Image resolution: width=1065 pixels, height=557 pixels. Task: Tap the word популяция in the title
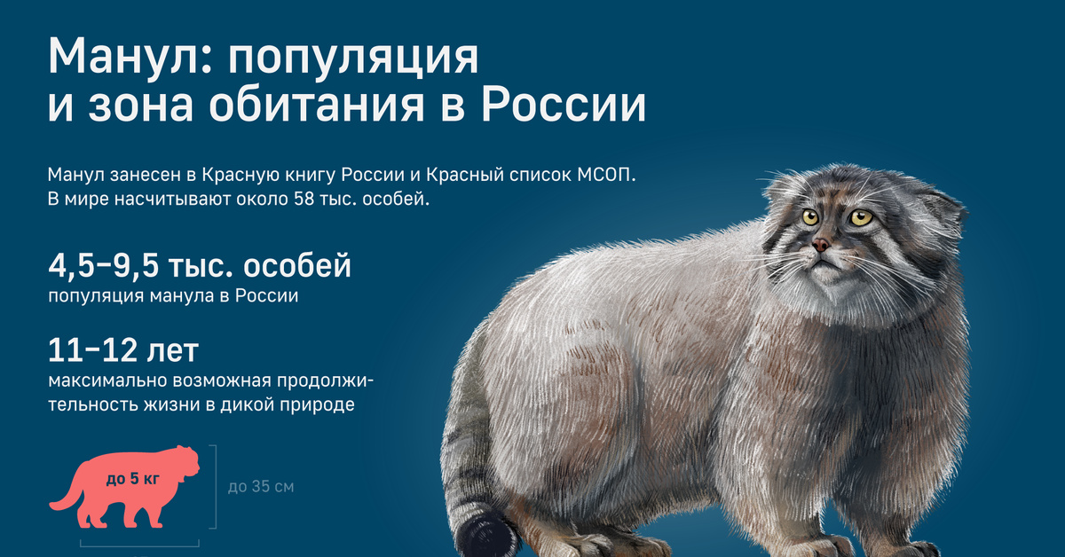353,60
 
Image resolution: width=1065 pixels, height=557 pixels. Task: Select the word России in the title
564,105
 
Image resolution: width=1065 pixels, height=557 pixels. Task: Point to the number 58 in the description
304,199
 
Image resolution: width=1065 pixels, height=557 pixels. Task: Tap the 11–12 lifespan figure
91,350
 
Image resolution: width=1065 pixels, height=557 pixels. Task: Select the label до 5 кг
133,479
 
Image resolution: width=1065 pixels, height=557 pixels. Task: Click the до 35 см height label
261,487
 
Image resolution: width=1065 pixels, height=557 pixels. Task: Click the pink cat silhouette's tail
64,499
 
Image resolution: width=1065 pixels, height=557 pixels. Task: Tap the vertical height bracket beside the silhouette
215,487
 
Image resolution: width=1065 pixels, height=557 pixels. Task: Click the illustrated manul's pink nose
821,245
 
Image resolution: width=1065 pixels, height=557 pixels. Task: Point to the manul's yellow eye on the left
809,217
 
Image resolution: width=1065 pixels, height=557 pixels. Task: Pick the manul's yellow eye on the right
861,217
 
